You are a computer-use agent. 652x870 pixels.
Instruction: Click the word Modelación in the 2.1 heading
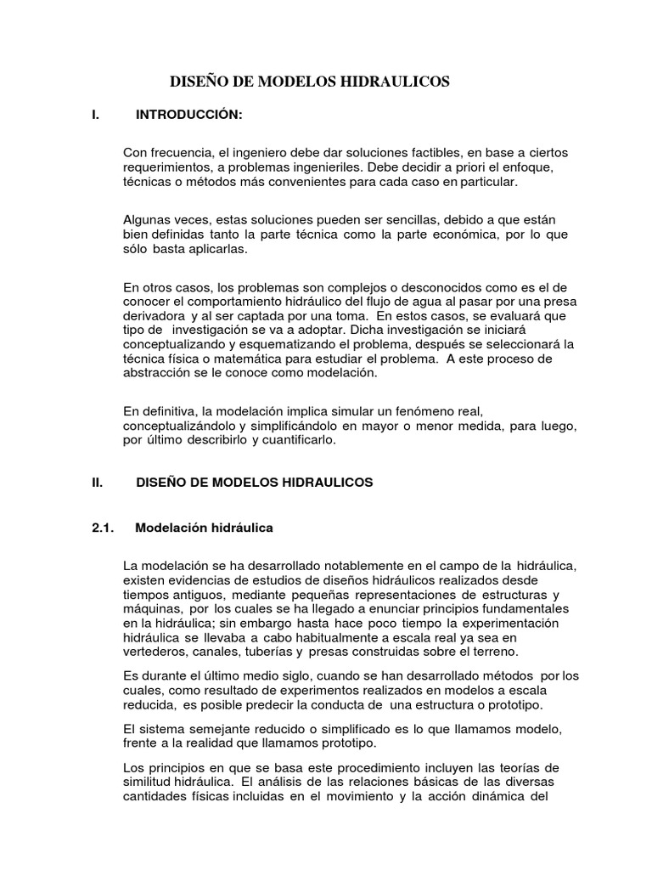click(x=175, y=528)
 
